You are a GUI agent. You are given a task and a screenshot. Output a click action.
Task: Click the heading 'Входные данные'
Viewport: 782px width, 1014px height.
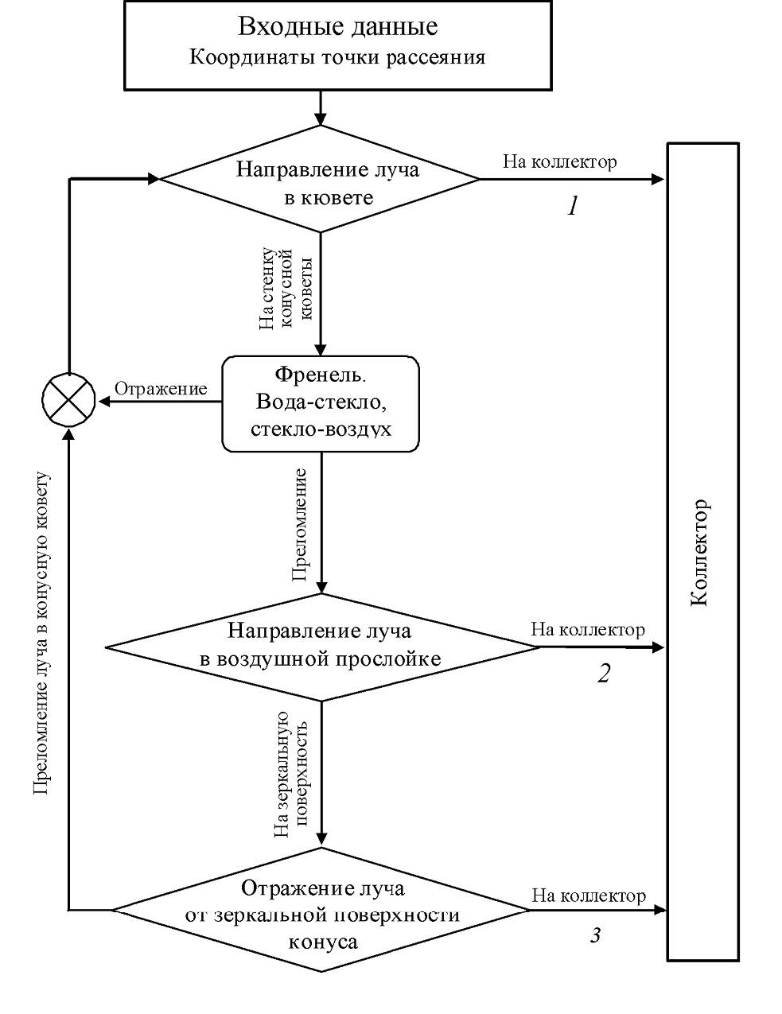pyautogui.click(x=337, y=25)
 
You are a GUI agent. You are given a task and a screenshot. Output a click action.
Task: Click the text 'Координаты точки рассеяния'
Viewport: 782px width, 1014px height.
pyautogui.click(x=337, y=58)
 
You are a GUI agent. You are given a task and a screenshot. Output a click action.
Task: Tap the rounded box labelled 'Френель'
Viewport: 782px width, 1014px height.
pyautogui.click(x=320, y=403)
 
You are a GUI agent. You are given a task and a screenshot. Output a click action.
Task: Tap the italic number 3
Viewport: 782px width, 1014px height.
pyautogui.click(x=595, y=935)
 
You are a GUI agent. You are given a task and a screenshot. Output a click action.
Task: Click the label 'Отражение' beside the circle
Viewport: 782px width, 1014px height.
pyautogui.click(x=161, y=389)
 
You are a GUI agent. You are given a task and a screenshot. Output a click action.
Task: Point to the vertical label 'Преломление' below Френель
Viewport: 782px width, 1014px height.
pyautogui.click(x=301, y=525)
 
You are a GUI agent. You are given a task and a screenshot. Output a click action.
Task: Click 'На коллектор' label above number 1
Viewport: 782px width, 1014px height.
pyautogui.click(x=559, y=162)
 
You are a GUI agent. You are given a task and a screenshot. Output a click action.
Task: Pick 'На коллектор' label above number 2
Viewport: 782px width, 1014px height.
pyautogui.click(x=587, y=630)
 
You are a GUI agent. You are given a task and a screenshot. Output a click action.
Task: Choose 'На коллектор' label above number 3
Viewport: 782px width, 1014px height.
pyautogui.click(x=588, y=896)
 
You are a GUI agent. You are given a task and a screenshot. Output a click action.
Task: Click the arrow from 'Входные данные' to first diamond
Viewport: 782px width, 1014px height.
pyautogui.click(x=320, y=107)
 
